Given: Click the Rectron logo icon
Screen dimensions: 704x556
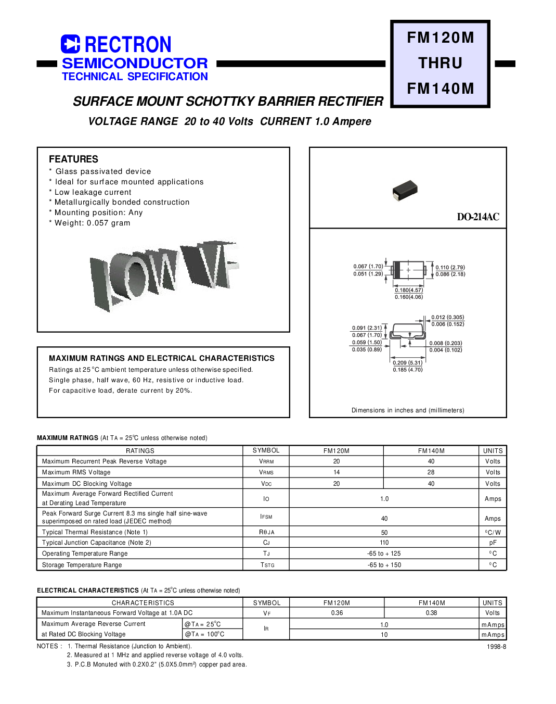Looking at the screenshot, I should (x=70, y=44).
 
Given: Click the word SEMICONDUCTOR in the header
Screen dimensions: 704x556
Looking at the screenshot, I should (x=135, y=63).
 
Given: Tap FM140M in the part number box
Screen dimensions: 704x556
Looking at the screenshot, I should (x=440, y=89).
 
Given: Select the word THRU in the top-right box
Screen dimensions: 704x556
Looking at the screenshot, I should (x=440, y=63).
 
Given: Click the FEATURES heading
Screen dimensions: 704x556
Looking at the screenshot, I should (x=73, y=159).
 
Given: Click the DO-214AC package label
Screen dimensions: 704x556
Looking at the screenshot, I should (x=477, y=217).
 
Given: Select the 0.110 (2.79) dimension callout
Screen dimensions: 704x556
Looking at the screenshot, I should (x=450, y=267).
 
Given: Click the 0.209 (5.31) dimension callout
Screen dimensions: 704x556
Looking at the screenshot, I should (x=407, y=363).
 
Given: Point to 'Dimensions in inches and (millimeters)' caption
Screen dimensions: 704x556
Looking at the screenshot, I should (x=408, y=410).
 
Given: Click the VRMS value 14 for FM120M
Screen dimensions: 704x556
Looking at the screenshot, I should (x=337, y=472).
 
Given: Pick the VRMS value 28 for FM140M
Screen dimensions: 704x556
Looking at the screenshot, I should (x=431, y=472).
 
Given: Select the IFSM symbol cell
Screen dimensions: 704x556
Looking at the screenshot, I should (x=266, y=517).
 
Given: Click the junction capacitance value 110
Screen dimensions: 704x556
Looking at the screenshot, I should (x=384, y=543).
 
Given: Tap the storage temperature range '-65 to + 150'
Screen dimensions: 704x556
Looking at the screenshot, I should (x=384, y=565).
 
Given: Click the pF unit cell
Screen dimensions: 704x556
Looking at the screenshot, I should (x=493, y=543).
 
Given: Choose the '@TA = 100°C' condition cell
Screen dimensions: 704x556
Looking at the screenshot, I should (x=205, y=634).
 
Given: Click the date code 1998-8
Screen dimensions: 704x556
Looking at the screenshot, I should (x=496, y=646).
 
